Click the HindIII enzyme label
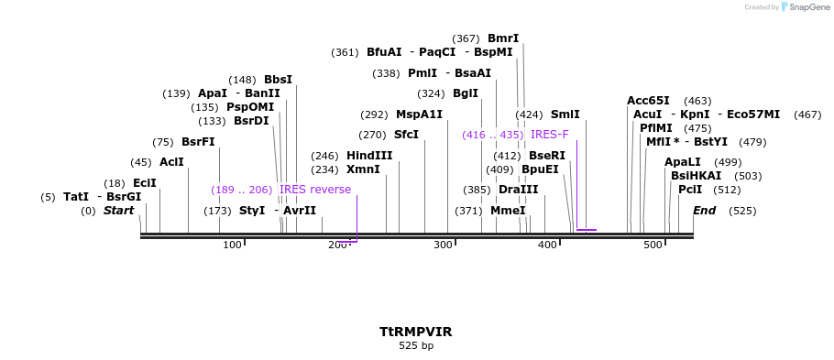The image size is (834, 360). click(369, 156)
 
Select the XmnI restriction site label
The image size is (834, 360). click(363, 169)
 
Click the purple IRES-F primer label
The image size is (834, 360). click(550, 135)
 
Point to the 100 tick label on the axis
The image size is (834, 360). click(232, 245)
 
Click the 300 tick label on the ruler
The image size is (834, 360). click(443, 245)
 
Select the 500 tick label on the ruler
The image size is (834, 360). click(653, 245)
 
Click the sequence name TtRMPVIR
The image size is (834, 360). click(416, 331)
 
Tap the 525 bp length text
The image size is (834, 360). click(416, 345)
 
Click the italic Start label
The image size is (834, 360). click(118, 211)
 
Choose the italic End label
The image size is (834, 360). click(704, 211)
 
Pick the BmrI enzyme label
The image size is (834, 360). click(503, 38)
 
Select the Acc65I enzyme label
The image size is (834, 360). click(648, 101)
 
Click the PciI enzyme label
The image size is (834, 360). click(690, 190)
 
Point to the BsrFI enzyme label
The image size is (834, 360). click(198, 142)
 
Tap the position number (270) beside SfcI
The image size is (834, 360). click(372, 135)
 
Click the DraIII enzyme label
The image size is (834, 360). click(519, 190)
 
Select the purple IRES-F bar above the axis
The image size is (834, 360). click(587, 230)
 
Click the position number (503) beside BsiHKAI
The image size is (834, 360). click(749, 176)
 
